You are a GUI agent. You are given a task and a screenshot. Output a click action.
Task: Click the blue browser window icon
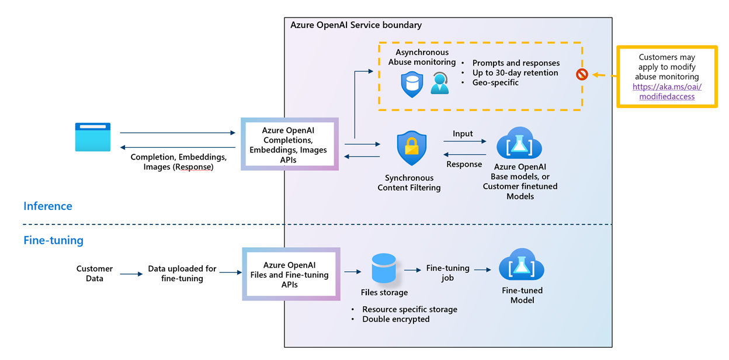[x=92, y=137]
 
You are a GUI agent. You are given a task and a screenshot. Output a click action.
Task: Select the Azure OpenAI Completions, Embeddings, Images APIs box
[x=290, y=144]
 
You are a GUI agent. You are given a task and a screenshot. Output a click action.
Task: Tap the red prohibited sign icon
[x=581, y=75]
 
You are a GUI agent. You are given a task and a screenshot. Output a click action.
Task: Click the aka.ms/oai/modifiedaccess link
[x=666, y=92]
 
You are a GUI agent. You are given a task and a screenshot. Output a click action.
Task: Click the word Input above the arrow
[x=463, y=134]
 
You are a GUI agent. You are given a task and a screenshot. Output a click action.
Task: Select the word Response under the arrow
[x=464, y=164]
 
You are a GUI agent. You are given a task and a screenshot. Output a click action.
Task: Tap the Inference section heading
[x=48, y=206]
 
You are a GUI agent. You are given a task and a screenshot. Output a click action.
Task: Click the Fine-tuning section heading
[x=53, y=240]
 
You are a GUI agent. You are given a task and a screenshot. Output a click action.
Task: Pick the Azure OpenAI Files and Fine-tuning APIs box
[x=290, y=275]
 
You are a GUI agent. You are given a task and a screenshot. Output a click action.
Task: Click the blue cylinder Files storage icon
[x=384, y=268]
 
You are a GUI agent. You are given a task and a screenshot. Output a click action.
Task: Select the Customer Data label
[x=95, y=274]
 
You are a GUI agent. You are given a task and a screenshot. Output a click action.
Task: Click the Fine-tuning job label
[x=447, y=273]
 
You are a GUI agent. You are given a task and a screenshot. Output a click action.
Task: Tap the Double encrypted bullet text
[x=395, y=319]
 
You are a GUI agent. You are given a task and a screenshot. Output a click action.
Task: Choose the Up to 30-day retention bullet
[x=515, y=73]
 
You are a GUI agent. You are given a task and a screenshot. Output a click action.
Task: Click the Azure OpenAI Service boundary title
[x=356, y=25]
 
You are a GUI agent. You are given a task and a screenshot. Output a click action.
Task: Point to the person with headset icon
[x=439, y=84]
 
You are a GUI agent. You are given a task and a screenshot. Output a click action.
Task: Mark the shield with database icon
[x=412, y=84]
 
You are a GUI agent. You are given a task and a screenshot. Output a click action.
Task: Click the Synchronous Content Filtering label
[x=409, y=182]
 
